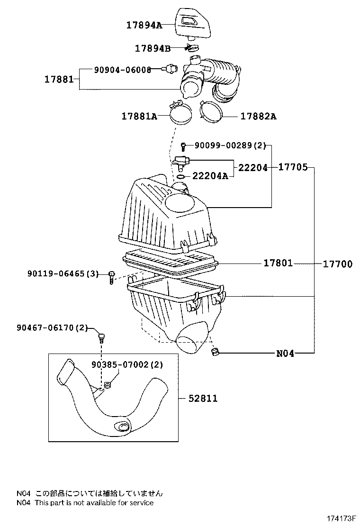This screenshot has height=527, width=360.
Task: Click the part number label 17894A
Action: tap(144, 25)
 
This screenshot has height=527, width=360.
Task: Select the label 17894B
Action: tap(153, 48)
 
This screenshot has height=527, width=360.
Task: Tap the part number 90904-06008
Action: tap(122, 70)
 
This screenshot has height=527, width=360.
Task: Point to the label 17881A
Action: tap(139, 116)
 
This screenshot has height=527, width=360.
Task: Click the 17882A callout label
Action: tap(258, 116)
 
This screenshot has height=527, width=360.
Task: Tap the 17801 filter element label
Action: tap(278, 263)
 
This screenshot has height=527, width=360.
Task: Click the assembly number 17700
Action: tap(338, 264)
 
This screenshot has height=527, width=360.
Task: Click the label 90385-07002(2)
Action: tap(128, 364)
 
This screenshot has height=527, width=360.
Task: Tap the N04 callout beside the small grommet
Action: tap(285, 353)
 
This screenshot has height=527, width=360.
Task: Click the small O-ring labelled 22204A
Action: tap(181, 178)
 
